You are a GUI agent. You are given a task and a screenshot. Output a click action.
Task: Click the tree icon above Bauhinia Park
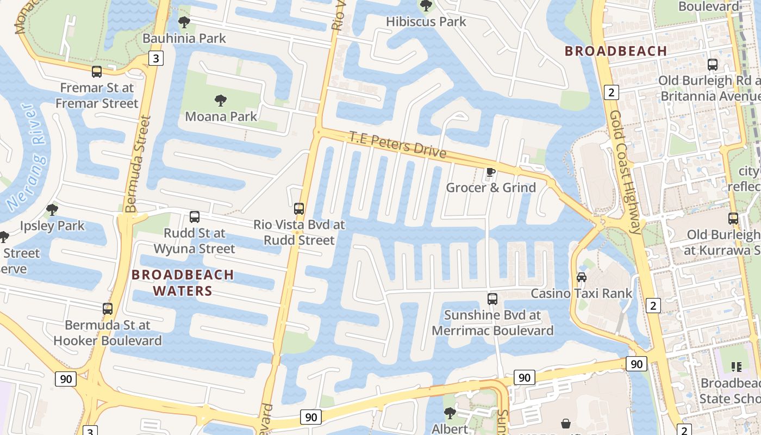tap(184, 22)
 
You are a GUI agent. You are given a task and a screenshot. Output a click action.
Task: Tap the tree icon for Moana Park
tap(220, 100)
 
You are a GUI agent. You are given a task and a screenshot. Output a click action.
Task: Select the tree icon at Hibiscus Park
tap(426, 6)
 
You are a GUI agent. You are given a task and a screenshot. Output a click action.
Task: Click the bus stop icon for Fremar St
tap(97, 71)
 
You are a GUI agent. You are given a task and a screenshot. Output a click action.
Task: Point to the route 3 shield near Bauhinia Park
tap(155, 58)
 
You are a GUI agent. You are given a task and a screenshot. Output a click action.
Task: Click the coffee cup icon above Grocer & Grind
tap(490, 172)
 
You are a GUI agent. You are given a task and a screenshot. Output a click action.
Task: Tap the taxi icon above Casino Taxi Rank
tap(581, 277)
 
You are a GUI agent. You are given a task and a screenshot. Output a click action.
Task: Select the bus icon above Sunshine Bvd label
tap(492, 299)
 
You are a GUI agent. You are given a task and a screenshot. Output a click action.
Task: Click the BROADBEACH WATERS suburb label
tap(183, 283)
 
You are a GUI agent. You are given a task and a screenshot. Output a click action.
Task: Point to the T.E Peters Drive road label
tap(397, 145)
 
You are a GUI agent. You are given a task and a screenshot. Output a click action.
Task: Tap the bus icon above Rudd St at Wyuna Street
tap(194, 217)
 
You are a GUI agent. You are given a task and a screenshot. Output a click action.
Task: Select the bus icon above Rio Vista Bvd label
tap(298, 208)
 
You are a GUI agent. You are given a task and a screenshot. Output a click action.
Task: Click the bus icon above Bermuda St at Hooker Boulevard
tap(108, 309)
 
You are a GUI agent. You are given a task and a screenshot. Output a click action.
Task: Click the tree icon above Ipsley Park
tap(52, 209)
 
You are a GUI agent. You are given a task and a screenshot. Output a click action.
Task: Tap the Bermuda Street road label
tap(137, 163)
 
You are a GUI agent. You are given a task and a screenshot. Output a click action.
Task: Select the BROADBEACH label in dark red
tap(615, 52)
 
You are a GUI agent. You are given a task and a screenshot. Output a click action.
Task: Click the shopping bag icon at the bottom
tap(566, 423)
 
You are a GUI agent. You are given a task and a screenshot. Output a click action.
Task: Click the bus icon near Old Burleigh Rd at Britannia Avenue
tap(712, 64)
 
